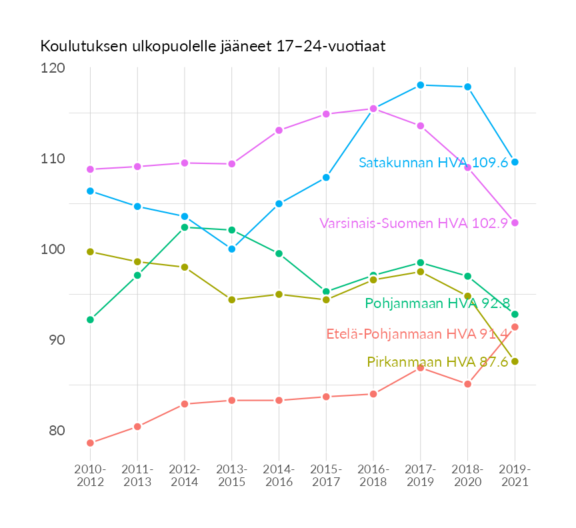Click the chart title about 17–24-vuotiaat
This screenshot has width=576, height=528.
click(213, 47)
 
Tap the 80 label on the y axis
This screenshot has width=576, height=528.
click(56, 430)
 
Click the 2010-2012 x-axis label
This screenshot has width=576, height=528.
click(90, 476)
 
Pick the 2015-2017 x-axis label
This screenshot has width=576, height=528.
click(326, 476)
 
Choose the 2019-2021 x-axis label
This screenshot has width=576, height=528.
click(515, 476)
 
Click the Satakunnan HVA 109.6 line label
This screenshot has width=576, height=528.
click(433, 163)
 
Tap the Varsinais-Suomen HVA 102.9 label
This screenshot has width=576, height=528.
click(413, 223)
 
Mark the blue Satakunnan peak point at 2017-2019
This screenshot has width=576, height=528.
click(421, 85)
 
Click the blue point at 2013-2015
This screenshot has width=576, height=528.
click(232, 249)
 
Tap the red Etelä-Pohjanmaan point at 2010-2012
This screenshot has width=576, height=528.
click(90, 443)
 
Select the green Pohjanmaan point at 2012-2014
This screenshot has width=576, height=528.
click(185, 227)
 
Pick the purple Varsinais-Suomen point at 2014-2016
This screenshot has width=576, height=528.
click(279, 130)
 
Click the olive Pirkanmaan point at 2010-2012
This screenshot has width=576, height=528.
click(90, 251)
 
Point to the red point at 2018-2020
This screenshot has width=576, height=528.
click(468, 384)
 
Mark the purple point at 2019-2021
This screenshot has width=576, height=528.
click(515, 223)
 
